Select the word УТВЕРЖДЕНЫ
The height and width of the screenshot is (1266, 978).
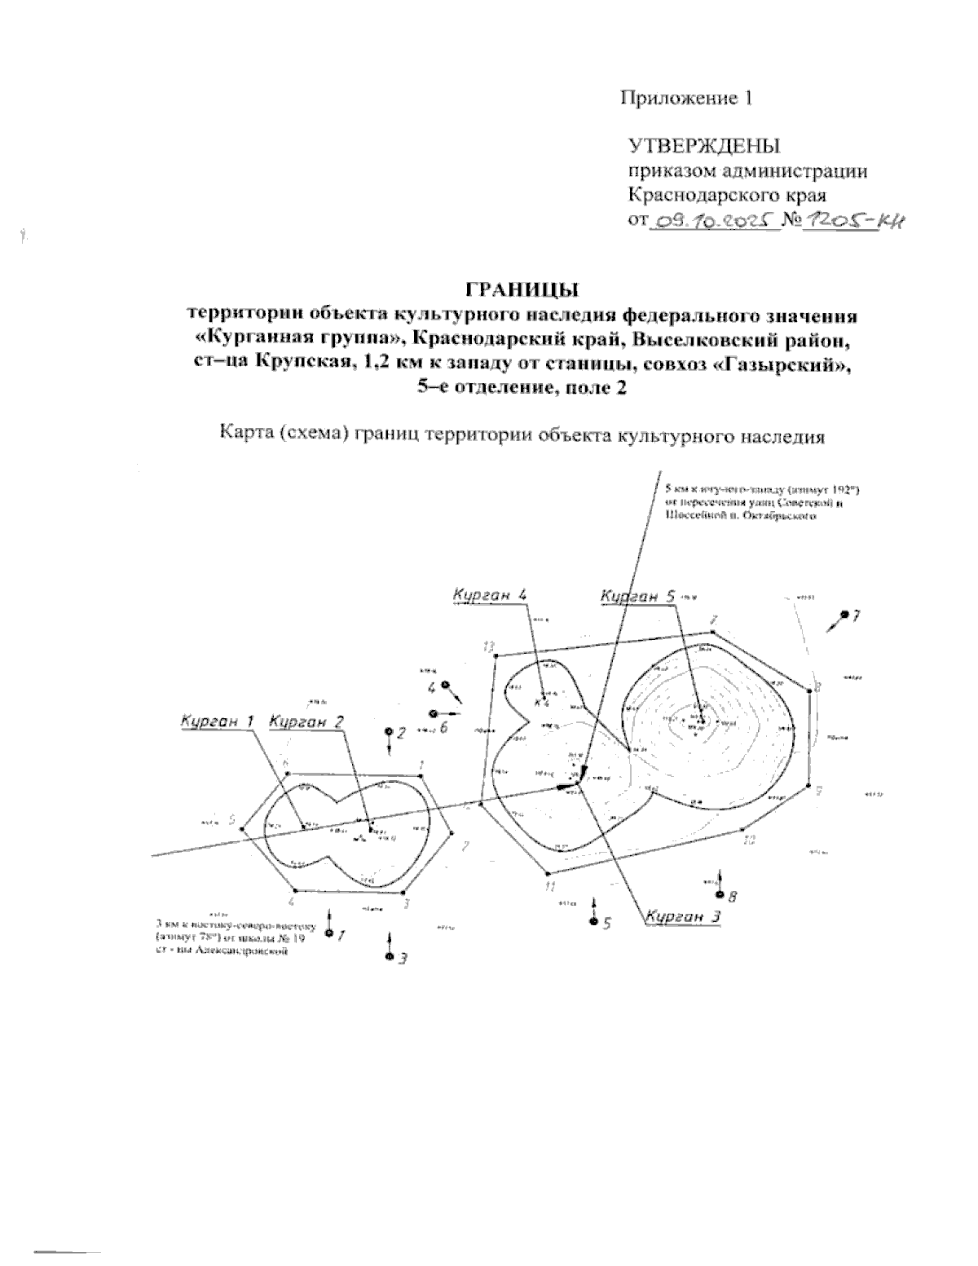click(x=703, y=147)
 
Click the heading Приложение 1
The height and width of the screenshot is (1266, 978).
click(x=685, y=99)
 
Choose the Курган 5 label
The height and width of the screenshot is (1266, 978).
click(x=637, y=597)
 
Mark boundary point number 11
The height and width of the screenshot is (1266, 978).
click(x=551, y=882)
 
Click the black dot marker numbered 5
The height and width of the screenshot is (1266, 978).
click(x=593, y=922)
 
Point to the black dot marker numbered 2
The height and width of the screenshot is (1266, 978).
click(x=389, y=732)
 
